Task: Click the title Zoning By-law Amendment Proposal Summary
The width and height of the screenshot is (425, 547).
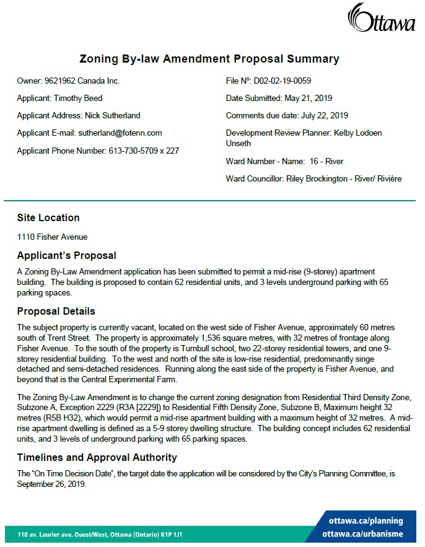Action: [209, 59]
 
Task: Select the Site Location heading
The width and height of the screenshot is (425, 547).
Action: [48, 218]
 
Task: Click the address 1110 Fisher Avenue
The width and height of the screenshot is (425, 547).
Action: [52, 237]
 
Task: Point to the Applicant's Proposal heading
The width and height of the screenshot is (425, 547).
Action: [66, 255]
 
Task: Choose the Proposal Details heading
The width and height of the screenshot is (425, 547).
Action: [56, 311]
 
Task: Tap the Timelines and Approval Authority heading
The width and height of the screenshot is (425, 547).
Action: [97, 457]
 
